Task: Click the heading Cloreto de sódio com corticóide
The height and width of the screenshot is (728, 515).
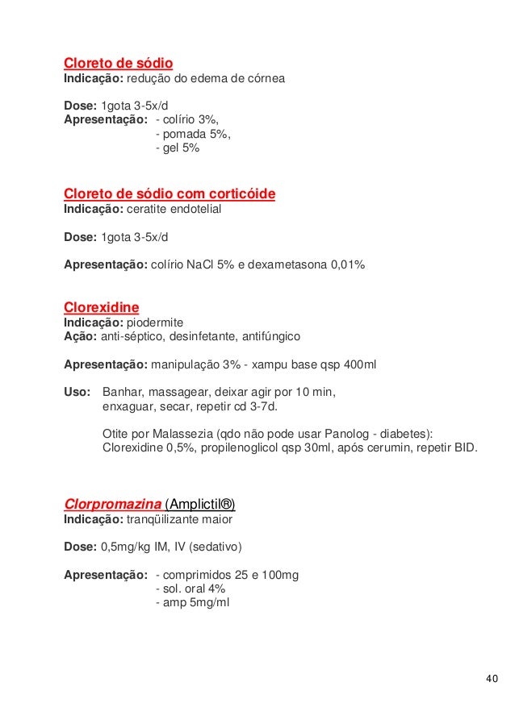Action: click(x=170, y=194)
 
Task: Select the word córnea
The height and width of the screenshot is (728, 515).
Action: click(x=264, y=81)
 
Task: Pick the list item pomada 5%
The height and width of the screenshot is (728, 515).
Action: click(x=192, y=135)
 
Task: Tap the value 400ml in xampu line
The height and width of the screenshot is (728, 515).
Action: click(x=360, y=364)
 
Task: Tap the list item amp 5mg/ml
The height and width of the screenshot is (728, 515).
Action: click(x=192, y=601)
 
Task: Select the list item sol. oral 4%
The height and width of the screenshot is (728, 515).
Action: click(x=190, y=588)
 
